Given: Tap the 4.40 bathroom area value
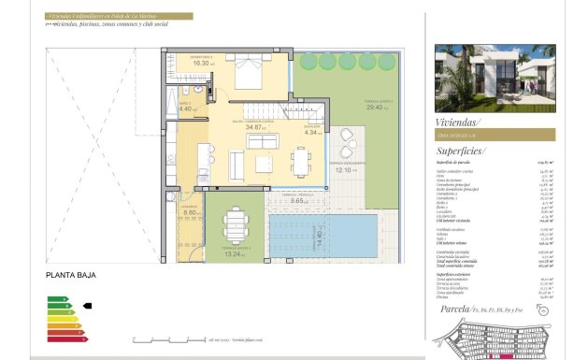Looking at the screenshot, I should click(185, 109).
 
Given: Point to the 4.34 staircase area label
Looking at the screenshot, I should click(311, 133).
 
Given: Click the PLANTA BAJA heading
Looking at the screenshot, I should click(69, 277).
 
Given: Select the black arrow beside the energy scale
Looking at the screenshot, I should click(88, 305).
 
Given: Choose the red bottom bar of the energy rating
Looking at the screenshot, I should click(65, 337).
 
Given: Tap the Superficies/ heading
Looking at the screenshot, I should click(460, 150).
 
